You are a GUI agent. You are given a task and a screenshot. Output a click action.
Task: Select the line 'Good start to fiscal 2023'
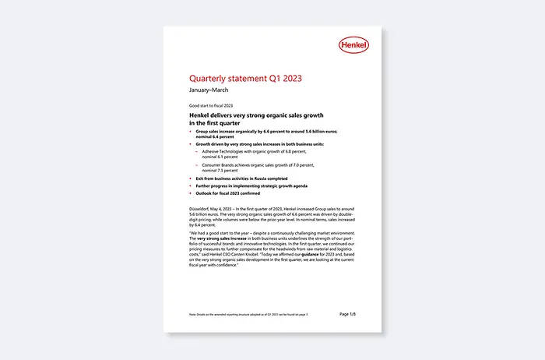(x=212, y=104)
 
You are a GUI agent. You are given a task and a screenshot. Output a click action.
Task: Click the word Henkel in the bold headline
(x=202, y=115)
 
